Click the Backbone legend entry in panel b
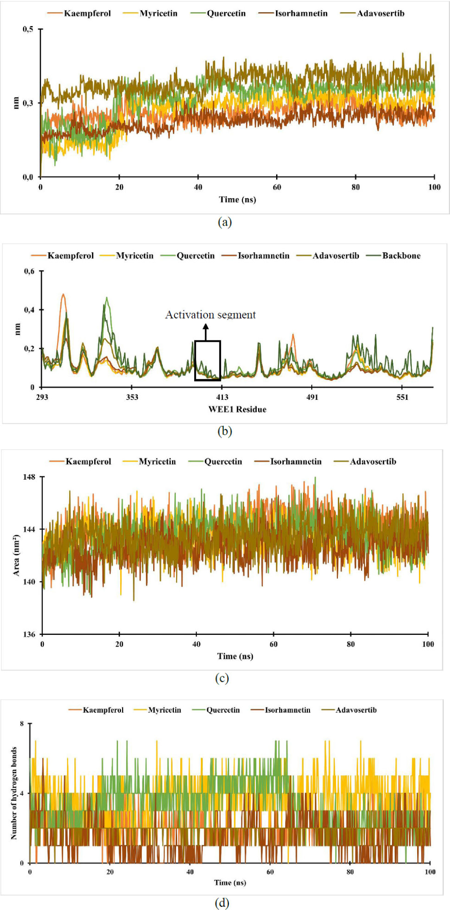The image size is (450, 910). pos(401,256)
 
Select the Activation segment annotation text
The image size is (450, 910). pos(210,315)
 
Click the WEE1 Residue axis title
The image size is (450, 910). pos(237,409)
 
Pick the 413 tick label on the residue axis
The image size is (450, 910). pos(222,397)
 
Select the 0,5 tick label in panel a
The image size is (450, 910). pos(28,29)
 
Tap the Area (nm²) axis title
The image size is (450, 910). pos(16,555)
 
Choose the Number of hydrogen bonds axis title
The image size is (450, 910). pos(14,793)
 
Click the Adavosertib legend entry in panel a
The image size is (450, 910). pos(380,14)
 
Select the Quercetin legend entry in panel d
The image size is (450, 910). pos(223,710)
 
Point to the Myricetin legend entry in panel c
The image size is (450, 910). pos(157,462)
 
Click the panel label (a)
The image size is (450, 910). pos(224,222)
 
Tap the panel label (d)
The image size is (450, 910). pos(222,903)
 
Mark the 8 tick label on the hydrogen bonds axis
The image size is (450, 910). pos(22,724)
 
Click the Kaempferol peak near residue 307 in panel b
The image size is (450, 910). pos(63,295)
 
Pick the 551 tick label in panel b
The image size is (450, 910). pos(402,397)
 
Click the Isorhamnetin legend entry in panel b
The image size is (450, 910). pos(263,256)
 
